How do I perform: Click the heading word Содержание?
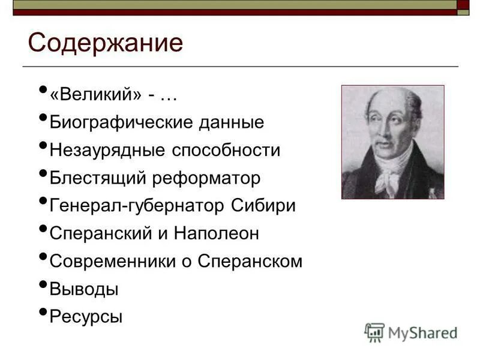[105, 44]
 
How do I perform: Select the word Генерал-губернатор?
[137, 205]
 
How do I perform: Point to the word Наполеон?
[217, 233]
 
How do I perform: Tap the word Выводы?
[84, 289]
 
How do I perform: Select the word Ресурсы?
[86, 316]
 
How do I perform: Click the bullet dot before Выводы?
[42, 283]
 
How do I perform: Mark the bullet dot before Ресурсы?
[42, 311]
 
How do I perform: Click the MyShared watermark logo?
[411, 332]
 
